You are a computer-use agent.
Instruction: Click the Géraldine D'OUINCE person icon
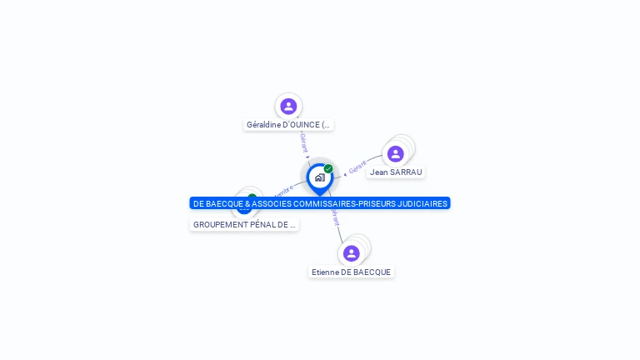pos(288,106)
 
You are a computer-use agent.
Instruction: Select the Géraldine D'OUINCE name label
pos(288,125)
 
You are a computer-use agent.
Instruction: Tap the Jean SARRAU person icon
pos(396,153)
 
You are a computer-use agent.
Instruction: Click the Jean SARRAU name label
pos(396,172)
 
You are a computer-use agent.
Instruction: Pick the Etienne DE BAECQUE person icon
pos(351,253)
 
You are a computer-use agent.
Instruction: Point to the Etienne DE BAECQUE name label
pos(351,272)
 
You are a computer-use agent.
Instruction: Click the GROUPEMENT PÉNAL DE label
pos(244,225)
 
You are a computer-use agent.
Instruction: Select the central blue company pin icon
pos(319,177)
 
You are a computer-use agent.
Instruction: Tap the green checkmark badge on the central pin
pos(328,169)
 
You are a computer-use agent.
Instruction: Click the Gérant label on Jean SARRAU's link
pos(357,167)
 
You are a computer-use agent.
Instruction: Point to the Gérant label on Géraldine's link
pos(303,142)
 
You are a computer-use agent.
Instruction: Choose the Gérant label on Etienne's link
pos(336,217)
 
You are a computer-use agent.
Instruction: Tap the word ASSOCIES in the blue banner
pos(271,203)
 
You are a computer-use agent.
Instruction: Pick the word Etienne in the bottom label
pos(325,272)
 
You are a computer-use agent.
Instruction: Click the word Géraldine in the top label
pos(263,125)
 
